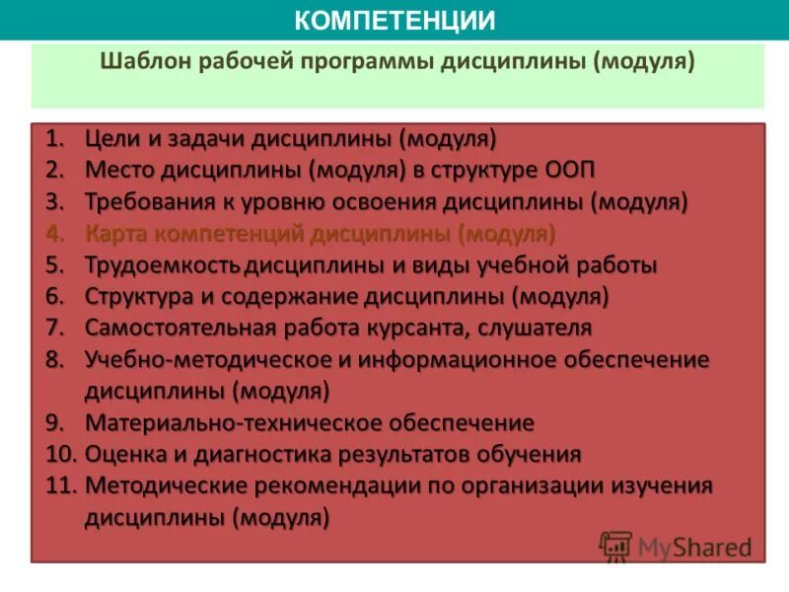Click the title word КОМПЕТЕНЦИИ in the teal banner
pyautogui.click(x=394, y=20)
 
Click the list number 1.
pyautogui.click(x=54, y=137)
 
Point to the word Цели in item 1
pyautogui.click(x=109, y=137)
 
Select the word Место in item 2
pyautogui.click(x=117, y=170)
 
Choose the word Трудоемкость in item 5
pyautogui.click(x=163, y=265)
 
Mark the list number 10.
pyautogui.click(x=60, y=455)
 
